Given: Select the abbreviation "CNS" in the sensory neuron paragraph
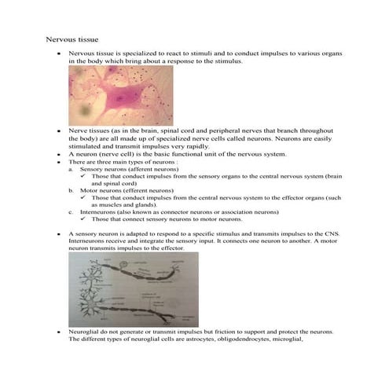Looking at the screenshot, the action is pyautogui.click(x=322, y=234).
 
